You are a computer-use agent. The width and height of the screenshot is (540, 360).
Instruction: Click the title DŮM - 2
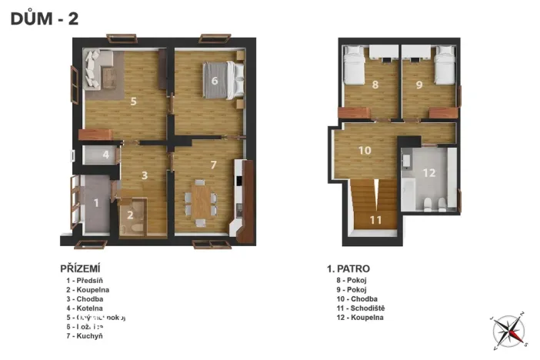(45, 19)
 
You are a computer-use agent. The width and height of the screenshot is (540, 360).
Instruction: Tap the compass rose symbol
(508, 329)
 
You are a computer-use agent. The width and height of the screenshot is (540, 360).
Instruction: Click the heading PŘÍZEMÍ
(82, 268)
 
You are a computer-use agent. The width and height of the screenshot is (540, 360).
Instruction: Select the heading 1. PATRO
(348, 268)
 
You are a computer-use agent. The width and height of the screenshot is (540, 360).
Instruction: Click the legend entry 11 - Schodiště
(356, 308)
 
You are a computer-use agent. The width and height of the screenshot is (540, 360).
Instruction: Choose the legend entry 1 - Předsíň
(87, 281)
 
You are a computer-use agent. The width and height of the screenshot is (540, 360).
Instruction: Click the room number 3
(144, 175)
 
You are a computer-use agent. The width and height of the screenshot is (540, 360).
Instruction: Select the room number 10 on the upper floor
(365, 150)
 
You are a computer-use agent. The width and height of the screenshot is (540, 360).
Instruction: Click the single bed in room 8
(355, 65)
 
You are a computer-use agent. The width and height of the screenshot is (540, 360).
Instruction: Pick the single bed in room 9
(444, 65)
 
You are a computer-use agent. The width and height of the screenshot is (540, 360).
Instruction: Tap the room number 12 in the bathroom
(428, 173)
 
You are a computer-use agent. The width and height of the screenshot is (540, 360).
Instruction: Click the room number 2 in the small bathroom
(131, 216)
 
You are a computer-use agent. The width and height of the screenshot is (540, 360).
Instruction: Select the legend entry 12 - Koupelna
(355, 317)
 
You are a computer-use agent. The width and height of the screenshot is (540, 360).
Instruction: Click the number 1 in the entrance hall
(96, 204)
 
